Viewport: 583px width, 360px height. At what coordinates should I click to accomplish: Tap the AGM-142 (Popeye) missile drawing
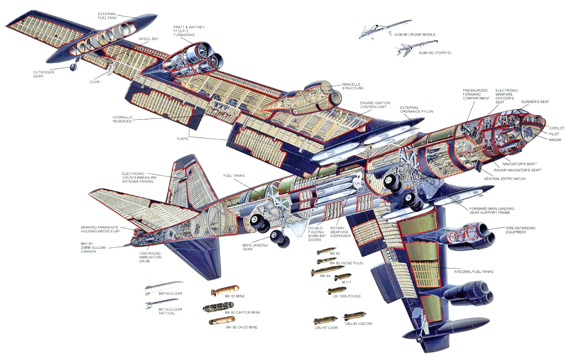[x=416, y=48]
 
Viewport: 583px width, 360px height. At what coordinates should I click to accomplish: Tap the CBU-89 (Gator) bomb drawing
[x=354, y=316]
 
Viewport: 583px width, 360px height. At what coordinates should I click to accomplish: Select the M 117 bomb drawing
[x=343, y=277]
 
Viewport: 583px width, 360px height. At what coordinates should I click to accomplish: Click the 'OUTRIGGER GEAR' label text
[x=43, y=74]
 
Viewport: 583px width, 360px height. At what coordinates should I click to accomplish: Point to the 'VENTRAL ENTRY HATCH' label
[x=504, y=179]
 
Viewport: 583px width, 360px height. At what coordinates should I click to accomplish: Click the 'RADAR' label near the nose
[x=555, y=140]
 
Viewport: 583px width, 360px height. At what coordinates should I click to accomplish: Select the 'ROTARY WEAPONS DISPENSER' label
[x=340, y=232]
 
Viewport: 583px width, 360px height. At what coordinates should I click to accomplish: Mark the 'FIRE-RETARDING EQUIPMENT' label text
[x=521, y=230]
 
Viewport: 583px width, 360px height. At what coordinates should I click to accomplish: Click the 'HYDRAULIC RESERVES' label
[x=123, y=119]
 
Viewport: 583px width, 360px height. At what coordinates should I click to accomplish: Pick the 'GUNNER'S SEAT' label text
[x=535, y=102]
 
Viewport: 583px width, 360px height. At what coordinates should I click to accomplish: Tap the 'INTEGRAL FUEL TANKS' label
[x=474, y=272]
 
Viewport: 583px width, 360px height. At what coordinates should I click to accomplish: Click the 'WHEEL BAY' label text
[x=148, y=39]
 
